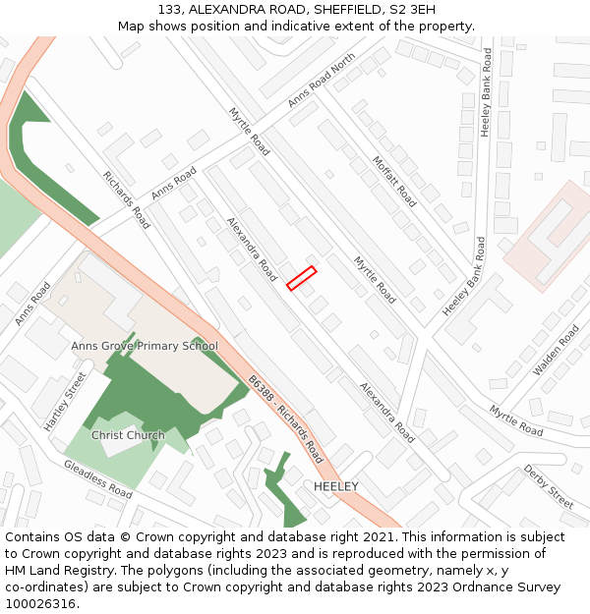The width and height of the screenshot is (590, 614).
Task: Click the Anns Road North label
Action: click(x=322, y=82)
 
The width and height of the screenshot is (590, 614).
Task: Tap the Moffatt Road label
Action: click(x=394, y=182)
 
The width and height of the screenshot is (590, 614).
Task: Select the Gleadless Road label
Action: click(x=98, y=477)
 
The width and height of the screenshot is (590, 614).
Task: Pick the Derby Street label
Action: click(x=548, y=486)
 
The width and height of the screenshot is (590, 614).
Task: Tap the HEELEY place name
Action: click(x=335, y=486)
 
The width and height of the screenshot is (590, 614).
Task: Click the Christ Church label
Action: click(x=128, y=435)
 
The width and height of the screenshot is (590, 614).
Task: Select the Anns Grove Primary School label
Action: click(x=145, y=347)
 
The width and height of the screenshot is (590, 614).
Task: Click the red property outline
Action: click(x=301, y=278)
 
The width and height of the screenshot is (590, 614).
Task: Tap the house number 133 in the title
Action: click(x=170, y=9)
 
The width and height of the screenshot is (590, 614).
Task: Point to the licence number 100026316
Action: click(x=42, y=604)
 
